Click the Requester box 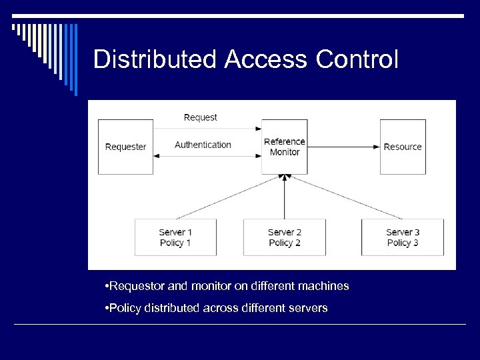(125, 147)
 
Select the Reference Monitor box (285, 147)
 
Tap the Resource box (403, 147)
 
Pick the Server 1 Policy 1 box (175, 237)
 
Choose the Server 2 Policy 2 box (285, 237)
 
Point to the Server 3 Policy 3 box (403, 237)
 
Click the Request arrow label (200, 117)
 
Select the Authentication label (203, 145)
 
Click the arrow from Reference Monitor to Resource (343, 146)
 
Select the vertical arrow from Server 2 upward (285, 197)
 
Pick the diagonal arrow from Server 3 (344, 197)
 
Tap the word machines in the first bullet (323, 286)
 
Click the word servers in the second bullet (308, 309)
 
